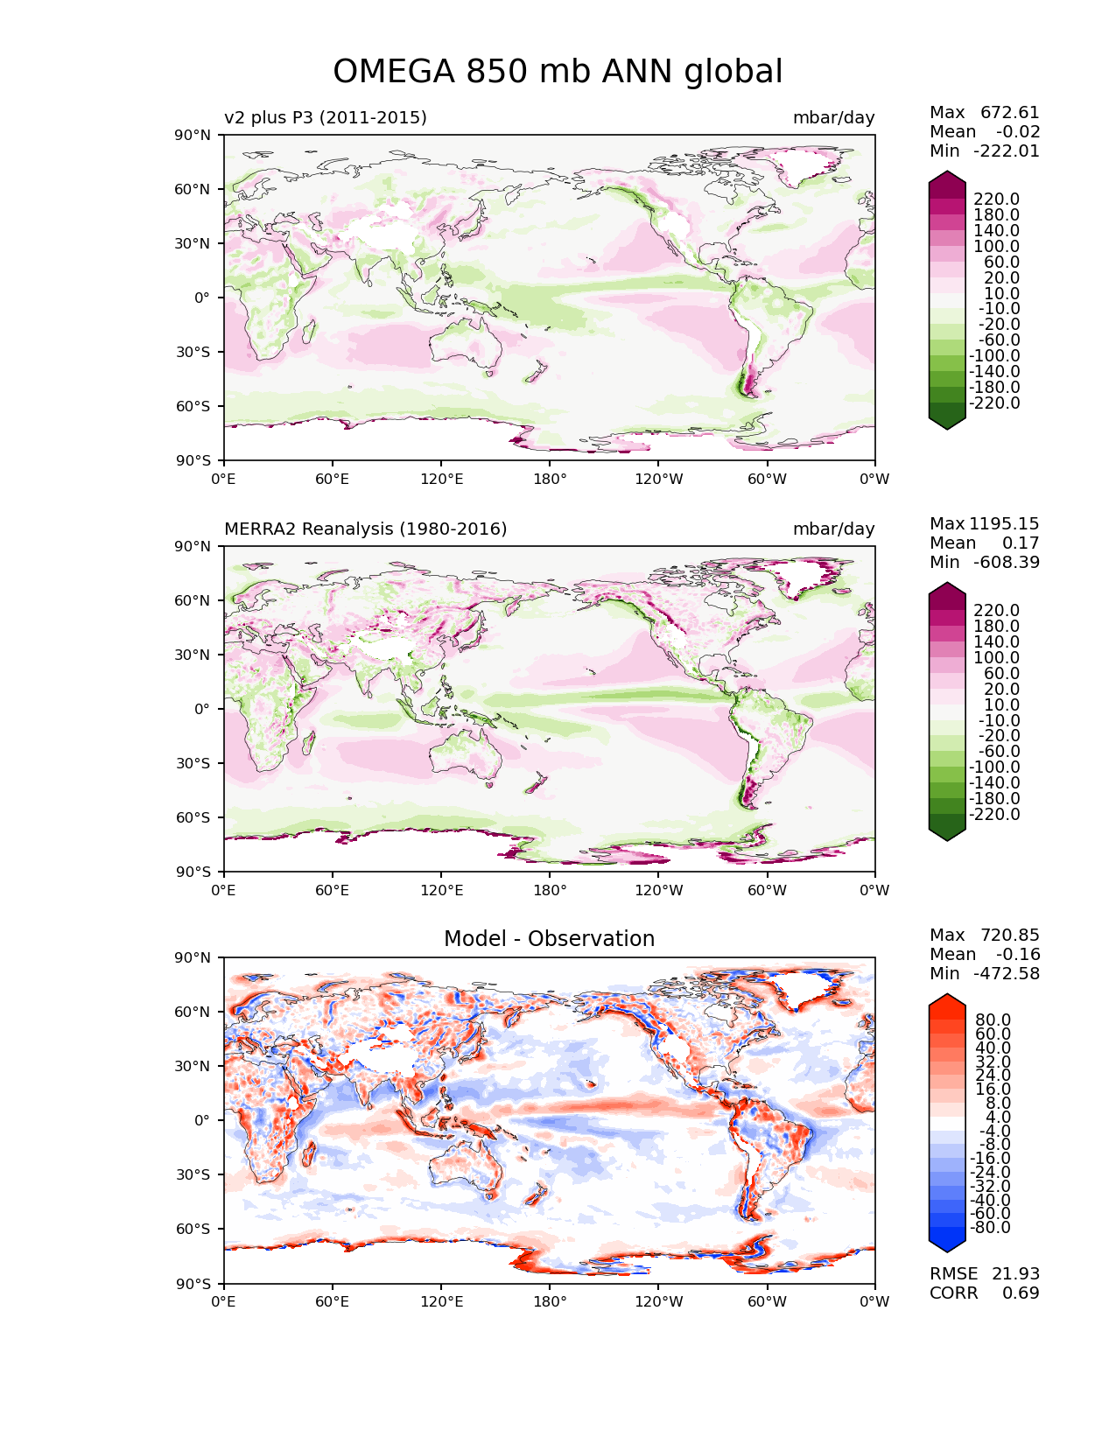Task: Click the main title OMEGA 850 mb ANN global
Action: pos(558,72)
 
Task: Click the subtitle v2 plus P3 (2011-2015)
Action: pos(326,117)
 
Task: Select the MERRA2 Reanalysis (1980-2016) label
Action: pos(366,529)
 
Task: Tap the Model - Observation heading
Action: pos(549,939)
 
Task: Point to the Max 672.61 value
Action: pos(985,112)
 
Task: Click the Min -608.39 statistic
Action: pos(985,562)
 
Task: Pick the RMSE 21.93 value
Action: pos(985,1273)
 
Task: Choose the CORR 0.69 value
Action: pos(985,1293)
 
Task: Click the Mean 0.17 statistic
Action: pos(985,543)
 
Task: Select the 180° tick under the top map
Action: pos(550,479)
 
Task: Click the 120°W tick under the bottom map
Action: pos(659,1301)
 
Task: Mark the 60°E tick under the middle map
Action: pos(333,890)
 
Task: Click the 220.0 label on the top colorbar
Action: pos(996,199)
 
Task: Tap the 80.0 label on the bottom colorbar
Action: pos(993,1020)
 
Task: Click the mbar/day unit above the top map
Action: pos(833,117)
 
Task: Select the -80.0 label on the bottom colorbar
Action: pos(991,1227)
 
